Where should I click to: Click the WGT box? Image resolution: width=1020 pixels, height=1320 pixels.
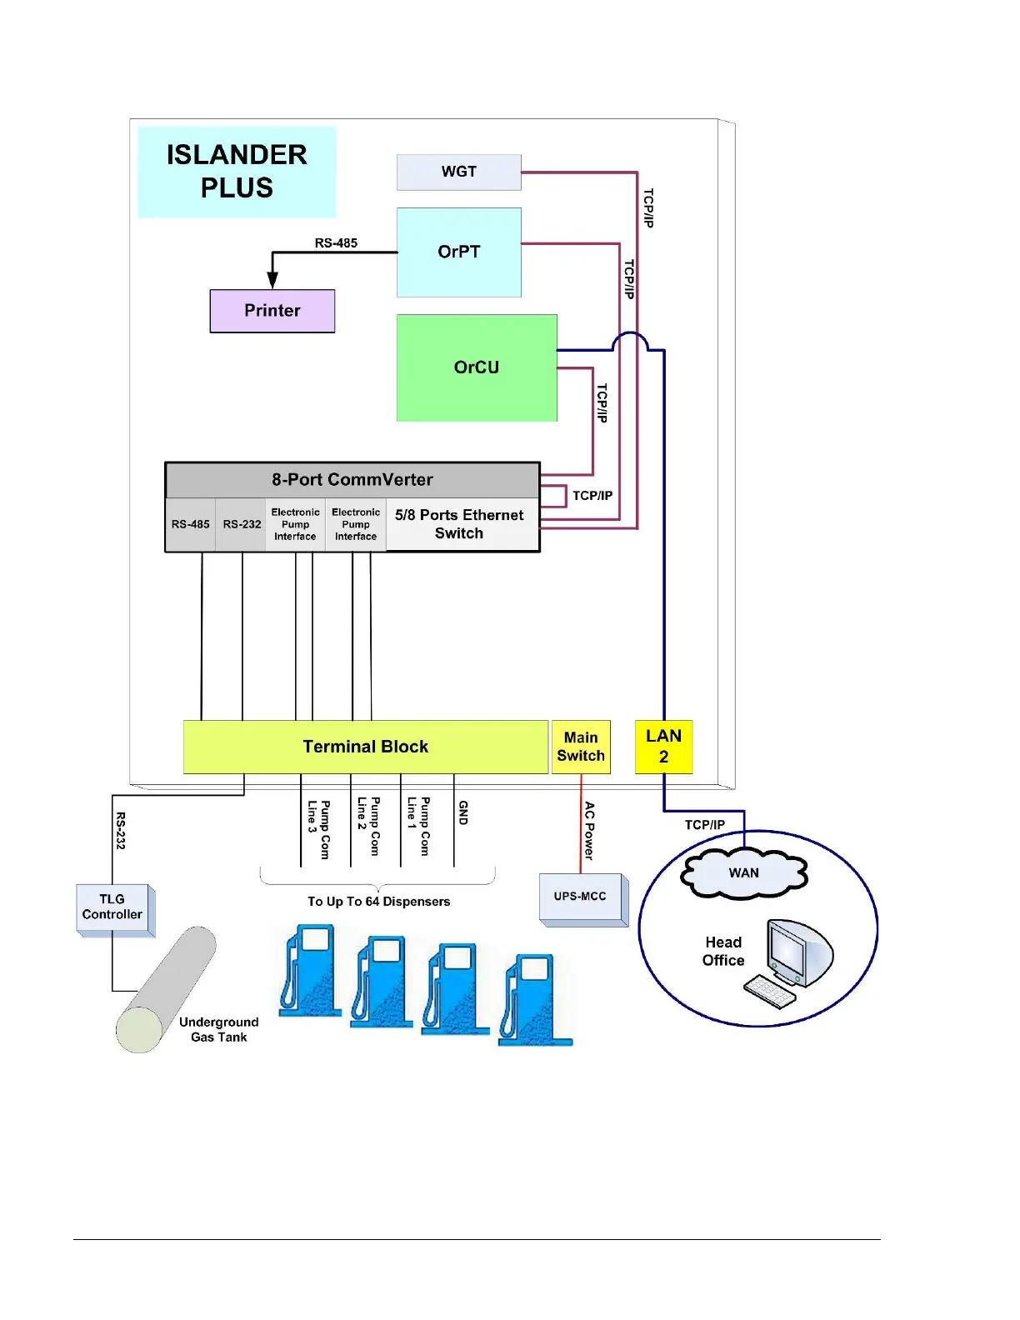click(458, 172)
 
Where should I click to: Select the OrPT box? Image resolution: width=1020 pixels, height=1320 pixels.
click(458, 252)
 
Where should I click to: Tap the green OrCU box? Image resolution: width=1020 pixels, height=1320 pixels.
click(477, 367)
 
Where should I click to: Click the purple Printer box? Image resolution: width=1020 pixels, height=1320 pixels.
click(272, 311)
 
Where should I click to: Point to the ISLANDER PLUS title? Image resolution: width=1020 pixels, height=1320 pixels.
click(237, 172)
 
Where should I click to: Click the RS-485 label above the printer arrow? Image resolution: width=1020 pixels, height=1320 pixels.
click(336, 243)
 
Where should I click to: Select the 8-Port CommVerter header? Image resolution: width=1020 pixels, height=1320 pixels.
click(352, 480)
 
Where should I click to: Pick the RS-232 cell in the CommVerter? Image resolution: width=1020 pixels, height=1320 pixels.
click(242, 524)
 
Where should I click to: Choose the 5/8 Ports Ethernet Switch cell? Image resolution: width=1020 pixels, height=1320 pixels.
click(460, 524)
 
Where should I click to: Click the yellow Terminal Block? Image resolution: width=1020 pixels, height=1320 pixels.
click(365, 747)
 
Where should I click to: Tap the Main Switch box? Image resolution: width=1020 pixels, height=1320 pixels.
click(581, 747)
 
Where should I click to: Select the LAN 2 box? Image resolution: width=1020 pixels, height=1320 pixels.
click(663, 747)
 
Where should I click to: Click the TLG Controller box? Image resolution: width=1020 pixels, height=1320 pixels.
click(112, 907)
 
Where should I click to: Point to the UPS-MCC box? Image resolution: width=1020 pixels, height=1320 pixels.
click(581, 897)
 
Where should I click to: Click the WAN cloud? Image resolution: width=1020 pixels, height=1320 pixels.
click(744, 872)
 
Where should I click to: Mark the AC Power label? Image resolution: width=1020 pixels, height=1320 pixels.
click(589, 830)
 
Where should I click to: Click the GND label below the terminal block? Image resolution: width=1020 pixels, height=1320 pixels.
click(463, 812)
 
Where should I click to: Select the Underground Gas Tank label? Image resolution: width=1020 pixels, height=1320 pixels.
click(219, 1029)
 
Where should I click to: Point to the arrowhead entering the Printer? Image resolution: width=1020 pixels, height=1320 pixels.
click(272, 281)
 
